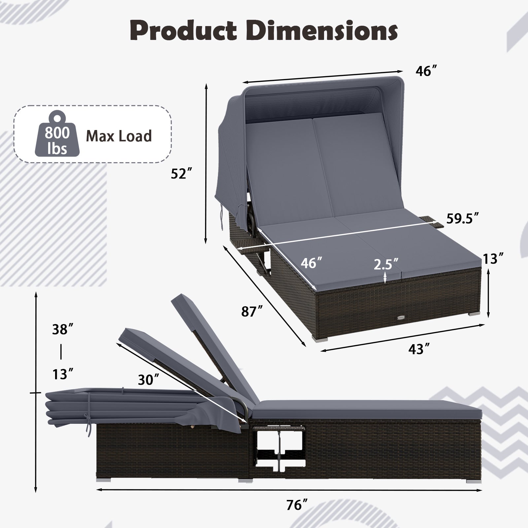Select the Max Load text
point(119,136)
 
